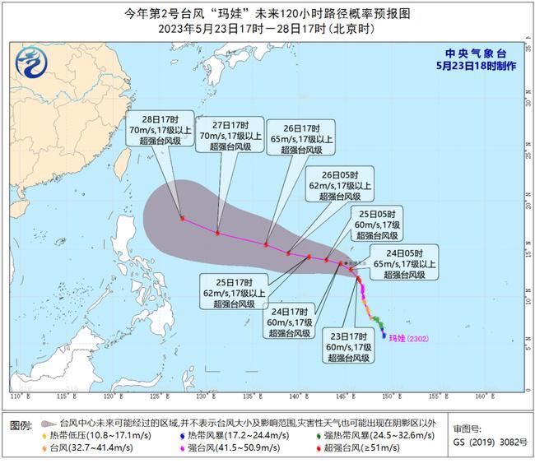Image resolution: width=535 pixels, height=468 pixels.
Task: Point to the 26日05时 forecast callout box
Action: point(338,185)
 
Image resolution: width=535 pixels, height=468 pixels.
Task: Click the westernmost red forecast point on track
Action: point(182,219)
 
